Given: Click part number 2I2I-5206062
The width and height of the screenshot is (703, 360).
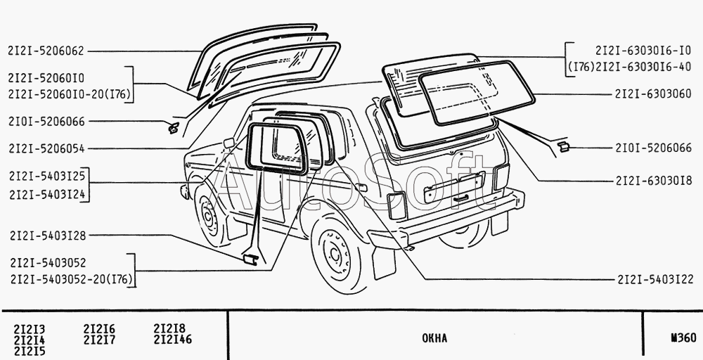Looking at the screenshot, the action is [x=46, y=51].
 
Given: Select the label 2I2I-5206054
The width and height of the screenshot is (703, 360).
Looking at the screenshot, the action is [x=46, y=148].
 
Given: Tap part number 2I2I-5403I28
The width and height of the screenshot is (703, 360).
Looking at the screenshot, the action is [x=46, y=236].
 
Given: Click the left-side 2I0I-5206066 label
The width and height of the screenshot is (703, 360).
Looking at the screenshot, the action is [x=46, y=122].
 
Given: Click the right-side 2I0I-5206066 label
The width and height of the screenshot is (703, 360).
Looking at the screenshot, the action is [x=654, y=148].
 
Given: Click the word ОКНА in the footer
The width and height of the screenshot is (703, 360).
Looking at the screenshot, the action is [x=434, y=339].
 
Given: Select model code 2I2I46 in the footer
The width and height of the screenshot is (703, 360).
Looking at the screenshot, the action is [x=172, y=340].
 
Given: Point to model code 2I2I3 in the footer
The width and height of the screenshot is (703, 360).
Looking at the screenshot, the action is [x=30, y=329].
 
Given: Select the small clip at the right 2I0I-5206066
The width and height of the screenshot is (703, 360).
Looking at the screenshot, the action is [x=563, y=146].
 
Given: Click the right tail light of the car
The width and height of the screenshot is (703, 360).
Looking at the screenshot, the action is [x=501, y=177].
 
